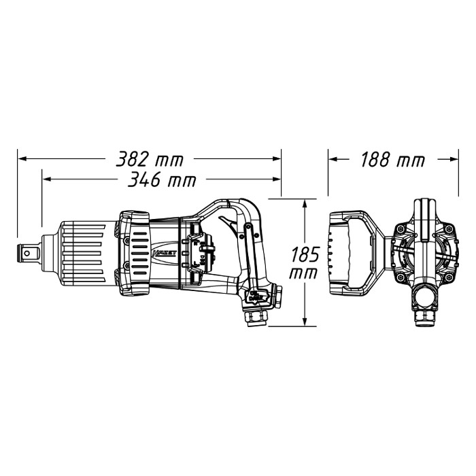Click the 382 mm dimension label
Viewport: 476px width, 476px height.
click(x=150, y=159)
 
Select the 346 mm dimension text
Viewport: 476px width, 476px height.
click(x=162, y=180)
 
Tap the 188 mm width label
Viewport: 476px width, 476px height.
click(x=392, y=160)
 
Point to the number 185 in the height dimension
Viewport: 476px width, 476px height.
click(x=305, y=254)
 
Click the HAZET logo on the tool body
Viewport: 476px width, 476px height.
click(x=164, y=253)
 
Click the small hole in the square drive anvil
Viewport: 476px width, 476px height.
click(x=27, y=252)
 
